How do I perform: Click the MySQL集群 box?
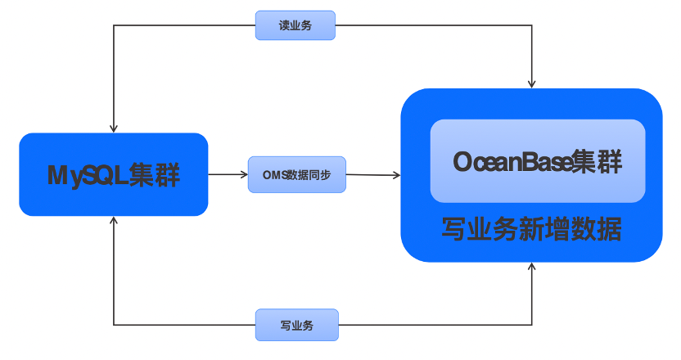coord(113,174)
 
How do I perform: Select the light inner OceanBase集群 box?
coord(538,160)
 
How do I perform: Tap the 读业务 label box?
coord(295,25)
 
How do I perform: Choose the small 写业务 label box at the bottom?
coord(295,325)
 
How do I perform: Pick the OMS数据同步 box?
coord(296,174)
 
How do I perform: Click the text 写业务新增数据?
coord(531,229)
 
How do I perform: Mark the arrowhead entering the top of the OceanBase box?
coord(532,83)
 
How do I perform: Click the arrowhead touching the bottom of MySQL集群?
coord(114,221)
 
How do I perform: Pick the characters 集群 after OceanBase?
coord(596,161)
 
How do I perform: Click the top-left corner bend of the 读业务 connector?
coord(114,25)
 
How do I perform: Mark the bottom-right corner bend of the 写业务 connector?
coord(532,325)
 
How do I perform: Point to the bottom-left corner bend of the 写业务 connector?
coord(114,325)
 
